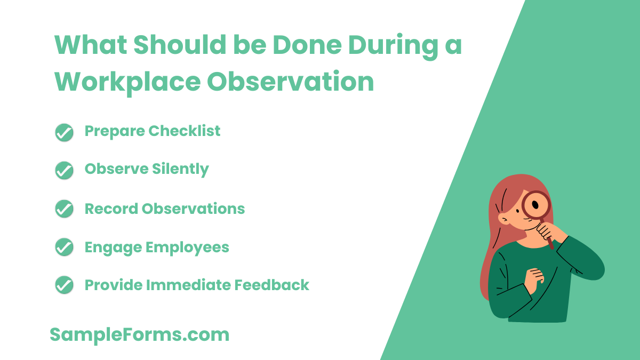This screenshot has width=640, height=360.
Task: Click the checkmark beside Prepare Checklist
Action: pos(64,133)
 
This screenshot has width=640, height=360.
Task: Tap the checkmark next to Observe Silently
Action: pos(64,171)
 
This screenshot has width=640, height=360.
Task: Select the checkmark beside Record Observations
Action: pos(64,209)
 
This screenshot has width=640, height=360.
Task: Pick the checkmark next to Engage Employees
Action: pos(64,247)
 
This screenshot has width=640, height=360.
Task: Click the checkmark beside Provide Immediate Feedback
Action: pos(64,285)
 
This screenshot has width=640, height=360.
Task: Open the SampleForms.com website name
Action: pos(139,335)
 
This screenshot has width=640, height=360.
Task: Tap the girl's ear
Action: pos(504,219)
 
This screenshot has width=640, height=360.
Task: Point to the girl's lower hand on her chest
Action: pos(534,277)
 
